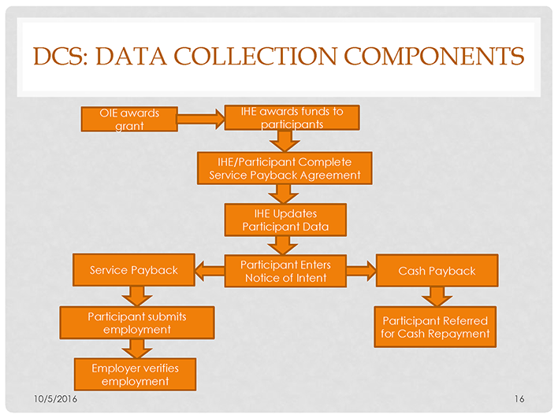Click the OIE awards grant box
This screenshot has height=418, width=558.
click(128, 119)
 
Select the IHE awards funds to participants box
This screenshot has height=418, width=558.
click(292, 118)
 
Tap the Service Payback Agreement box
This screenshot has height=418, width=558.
click(284, 168)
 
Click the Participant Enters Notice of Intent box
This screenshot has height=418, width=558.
click(285, 271)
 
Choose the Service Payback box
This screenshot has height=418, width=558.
click(133, 270)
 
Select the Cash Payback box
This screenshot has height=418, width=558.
click(437, 271)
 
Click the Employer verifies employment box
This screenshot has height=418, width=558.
click(135, 374)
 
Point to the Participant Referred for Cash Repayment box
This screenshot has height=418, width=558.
click(435, 327)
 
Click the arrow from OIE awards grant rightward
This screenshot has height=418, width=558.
click(200, 119)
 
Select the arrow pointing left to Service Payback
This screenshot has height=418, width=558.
click(210, 272)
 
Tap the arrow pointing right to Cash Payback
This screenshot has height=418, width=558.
click(360, 272)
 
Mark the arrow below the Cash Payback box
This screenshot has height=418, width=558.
click(437, 297)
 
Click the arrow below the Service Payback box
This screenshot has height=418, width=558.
click(138, 296)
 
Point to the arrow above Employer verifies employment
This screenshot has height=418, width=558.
click(138, 348)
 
